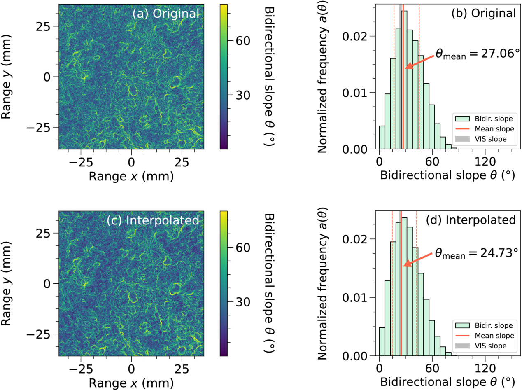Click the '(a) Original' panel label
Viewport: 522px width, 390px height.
tap(166, 14)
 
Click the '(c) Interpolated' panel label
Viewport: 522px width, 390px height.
tap(153, 220)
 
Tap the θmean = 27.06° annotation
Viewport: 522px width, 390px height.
tap(478, 54)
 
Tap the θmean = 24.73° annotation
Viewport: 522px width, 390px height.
tap(477, 253)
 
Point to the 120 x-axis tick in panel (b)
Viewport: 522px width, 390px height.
tap(485, 162)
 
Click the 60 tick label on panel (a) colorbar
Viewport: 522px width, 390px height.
tap(243, 41)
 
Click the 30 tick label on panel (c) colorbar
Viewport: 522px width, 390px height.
tap(243, 302)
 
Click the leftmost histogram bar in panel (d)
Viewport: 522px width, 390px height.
tap(382, 342)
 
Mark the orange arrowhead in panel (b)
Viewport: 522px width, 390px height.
tap(410, 66)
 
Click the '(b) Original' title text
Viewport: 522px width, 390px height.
tap(484, 13)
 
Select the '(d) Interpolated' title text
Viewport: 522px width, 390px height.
tap(471, 220)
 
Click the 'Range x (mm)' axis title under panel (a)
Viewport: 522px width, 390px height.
tap(131, 176)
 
